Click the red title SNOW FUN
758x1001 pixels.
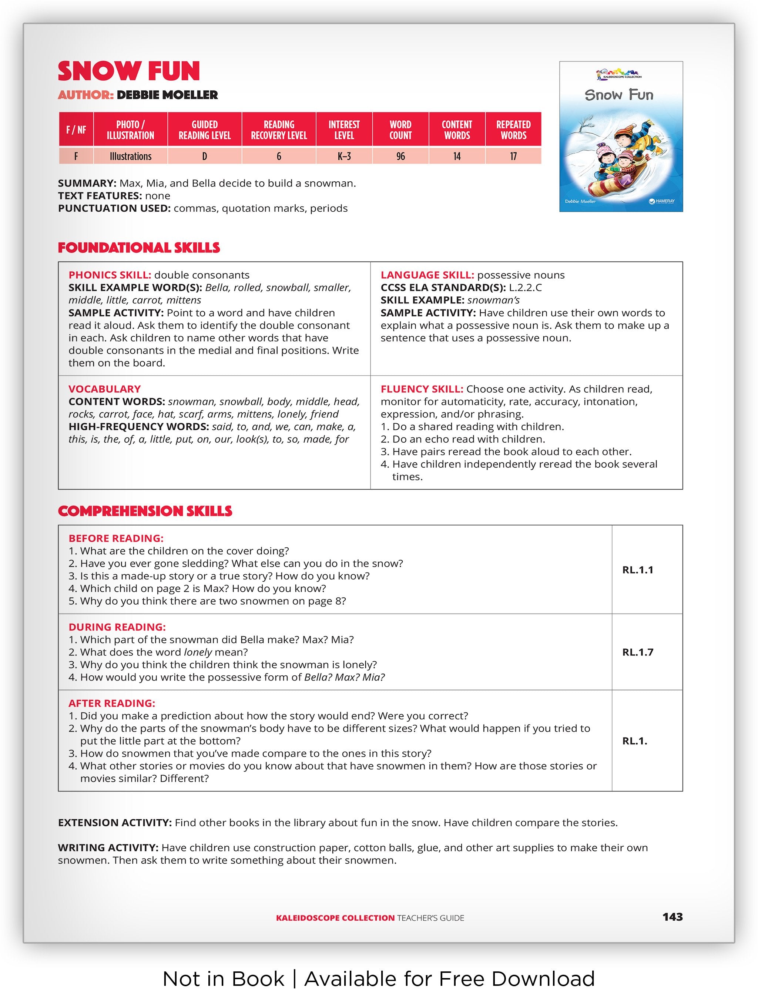128,71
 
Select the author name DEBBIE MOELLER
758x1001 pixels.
167,95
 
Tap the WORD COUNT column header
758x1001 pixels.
400,130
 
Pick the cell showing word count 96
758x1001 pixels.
400,157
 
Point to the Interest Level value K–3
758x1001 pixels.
344,157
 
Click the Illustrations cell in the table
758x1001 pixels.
130,157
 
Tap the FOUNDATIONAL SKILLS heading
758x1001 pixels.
138,248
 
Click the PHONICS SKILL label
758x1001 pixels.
110,275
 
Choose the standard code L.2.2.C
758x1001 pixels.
525,288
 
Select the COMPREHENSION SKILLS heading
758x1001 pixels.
145,511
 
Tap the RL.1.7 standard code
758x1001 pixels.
638,652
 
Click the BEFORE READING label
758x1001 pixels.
116,538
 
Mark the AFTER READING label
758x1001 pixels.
112,703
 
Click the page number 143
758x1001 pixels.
672,917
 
